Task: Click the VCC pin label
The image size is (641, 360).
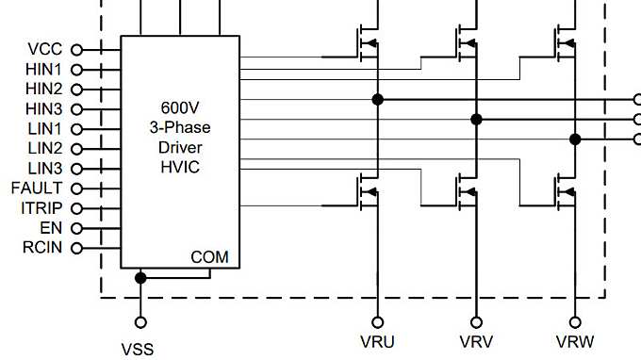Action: [45, 49]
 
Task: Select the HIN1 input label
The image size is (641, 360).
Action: [43, 69]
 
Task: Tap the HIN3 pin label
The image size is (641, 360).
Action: [43, 108]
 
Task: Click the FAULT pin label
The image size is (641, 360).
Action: [37, 188]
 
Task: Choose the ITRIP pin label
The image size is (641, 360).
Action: [41, 208]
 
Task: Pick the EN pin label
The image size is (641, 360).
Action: [51, 228]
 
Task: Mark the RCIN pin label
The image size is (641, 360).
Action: [42, 248]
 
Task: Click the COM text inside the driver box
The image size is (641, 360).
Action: [209, 257]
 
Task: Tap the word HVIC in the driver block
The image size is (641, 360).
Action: [179, 166]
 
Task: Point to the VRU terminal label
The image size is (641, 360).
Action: [377, 342]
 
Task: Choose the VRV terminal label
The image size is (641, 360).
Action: [476, 342]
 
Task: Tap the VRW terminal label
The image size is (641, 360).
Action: [575, 342]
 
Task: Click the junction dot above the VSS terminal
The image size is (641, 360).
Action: [140, 278]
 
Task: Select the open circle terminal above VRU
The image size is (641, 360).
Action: [377, 322]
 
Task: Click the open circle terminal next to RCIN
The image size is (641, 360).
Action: [76, 248]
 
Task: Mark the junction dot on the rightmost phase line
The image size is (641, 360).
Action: [575, 139]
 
